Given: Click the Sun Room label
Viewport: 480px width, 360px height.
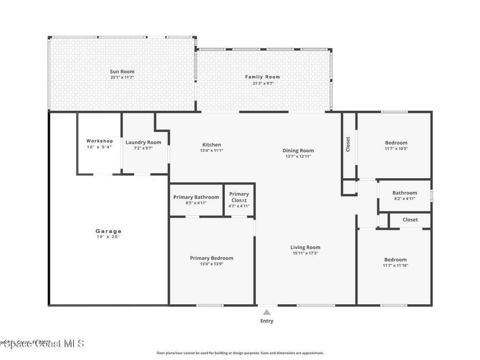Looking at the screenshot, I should [x=122, y=72].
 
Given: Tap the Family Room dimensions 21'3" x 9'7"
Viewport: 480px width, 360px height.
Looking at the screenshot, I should [x=262, y=83].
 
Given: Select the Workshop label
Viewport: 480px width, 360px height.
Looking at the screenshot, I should [x=99, y=141].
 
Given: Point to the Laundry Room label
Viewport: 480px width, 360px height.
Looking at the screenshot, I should [x=143, y=142].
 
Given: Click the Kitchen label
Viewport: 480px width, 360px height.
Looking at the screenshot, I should [x=211, y=145].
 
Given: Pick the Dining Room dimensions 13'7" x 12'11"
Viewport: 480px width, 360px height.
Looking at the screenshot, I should [x=298, y=157].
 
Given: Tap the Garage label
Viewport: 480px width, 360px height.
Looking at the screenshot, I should [x=108, y=231].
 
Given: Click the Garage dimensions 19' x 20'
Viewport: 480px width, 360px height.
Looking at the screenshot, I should [x=108, y=237].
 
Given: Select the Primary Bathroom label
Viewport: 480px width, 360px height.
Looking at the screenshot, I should [x=196, y=197].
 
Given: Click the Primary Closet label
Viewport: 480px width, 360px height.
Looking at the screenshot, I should [x=239, y=197].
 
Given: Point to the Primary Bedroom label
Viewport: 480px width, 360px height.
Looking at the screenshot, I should [x=211, y=258].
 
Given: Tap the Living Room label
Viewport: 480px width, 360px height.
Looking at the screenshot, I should [x=305, y=247].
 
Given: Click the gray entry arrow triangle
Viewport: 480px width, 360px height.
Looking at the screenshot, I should [x=267, y=312].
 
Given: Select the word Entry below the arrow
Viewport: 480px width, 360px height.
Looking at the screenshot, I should [x=267, y=321].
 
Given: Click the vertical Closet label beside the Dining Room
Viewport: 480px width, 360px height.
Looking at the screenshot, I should [x=348, y=144].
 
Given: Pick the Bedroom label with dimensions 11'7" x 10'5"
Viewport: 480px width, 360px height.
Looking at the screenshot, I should [x=396, y=143].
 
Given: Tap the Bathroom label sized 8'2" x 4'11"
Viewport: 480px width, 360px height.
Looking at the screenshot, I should [x=405, y=193].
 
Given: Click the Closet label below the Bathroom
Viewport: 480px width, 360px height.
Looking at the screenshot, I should [x=410, y=219].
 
